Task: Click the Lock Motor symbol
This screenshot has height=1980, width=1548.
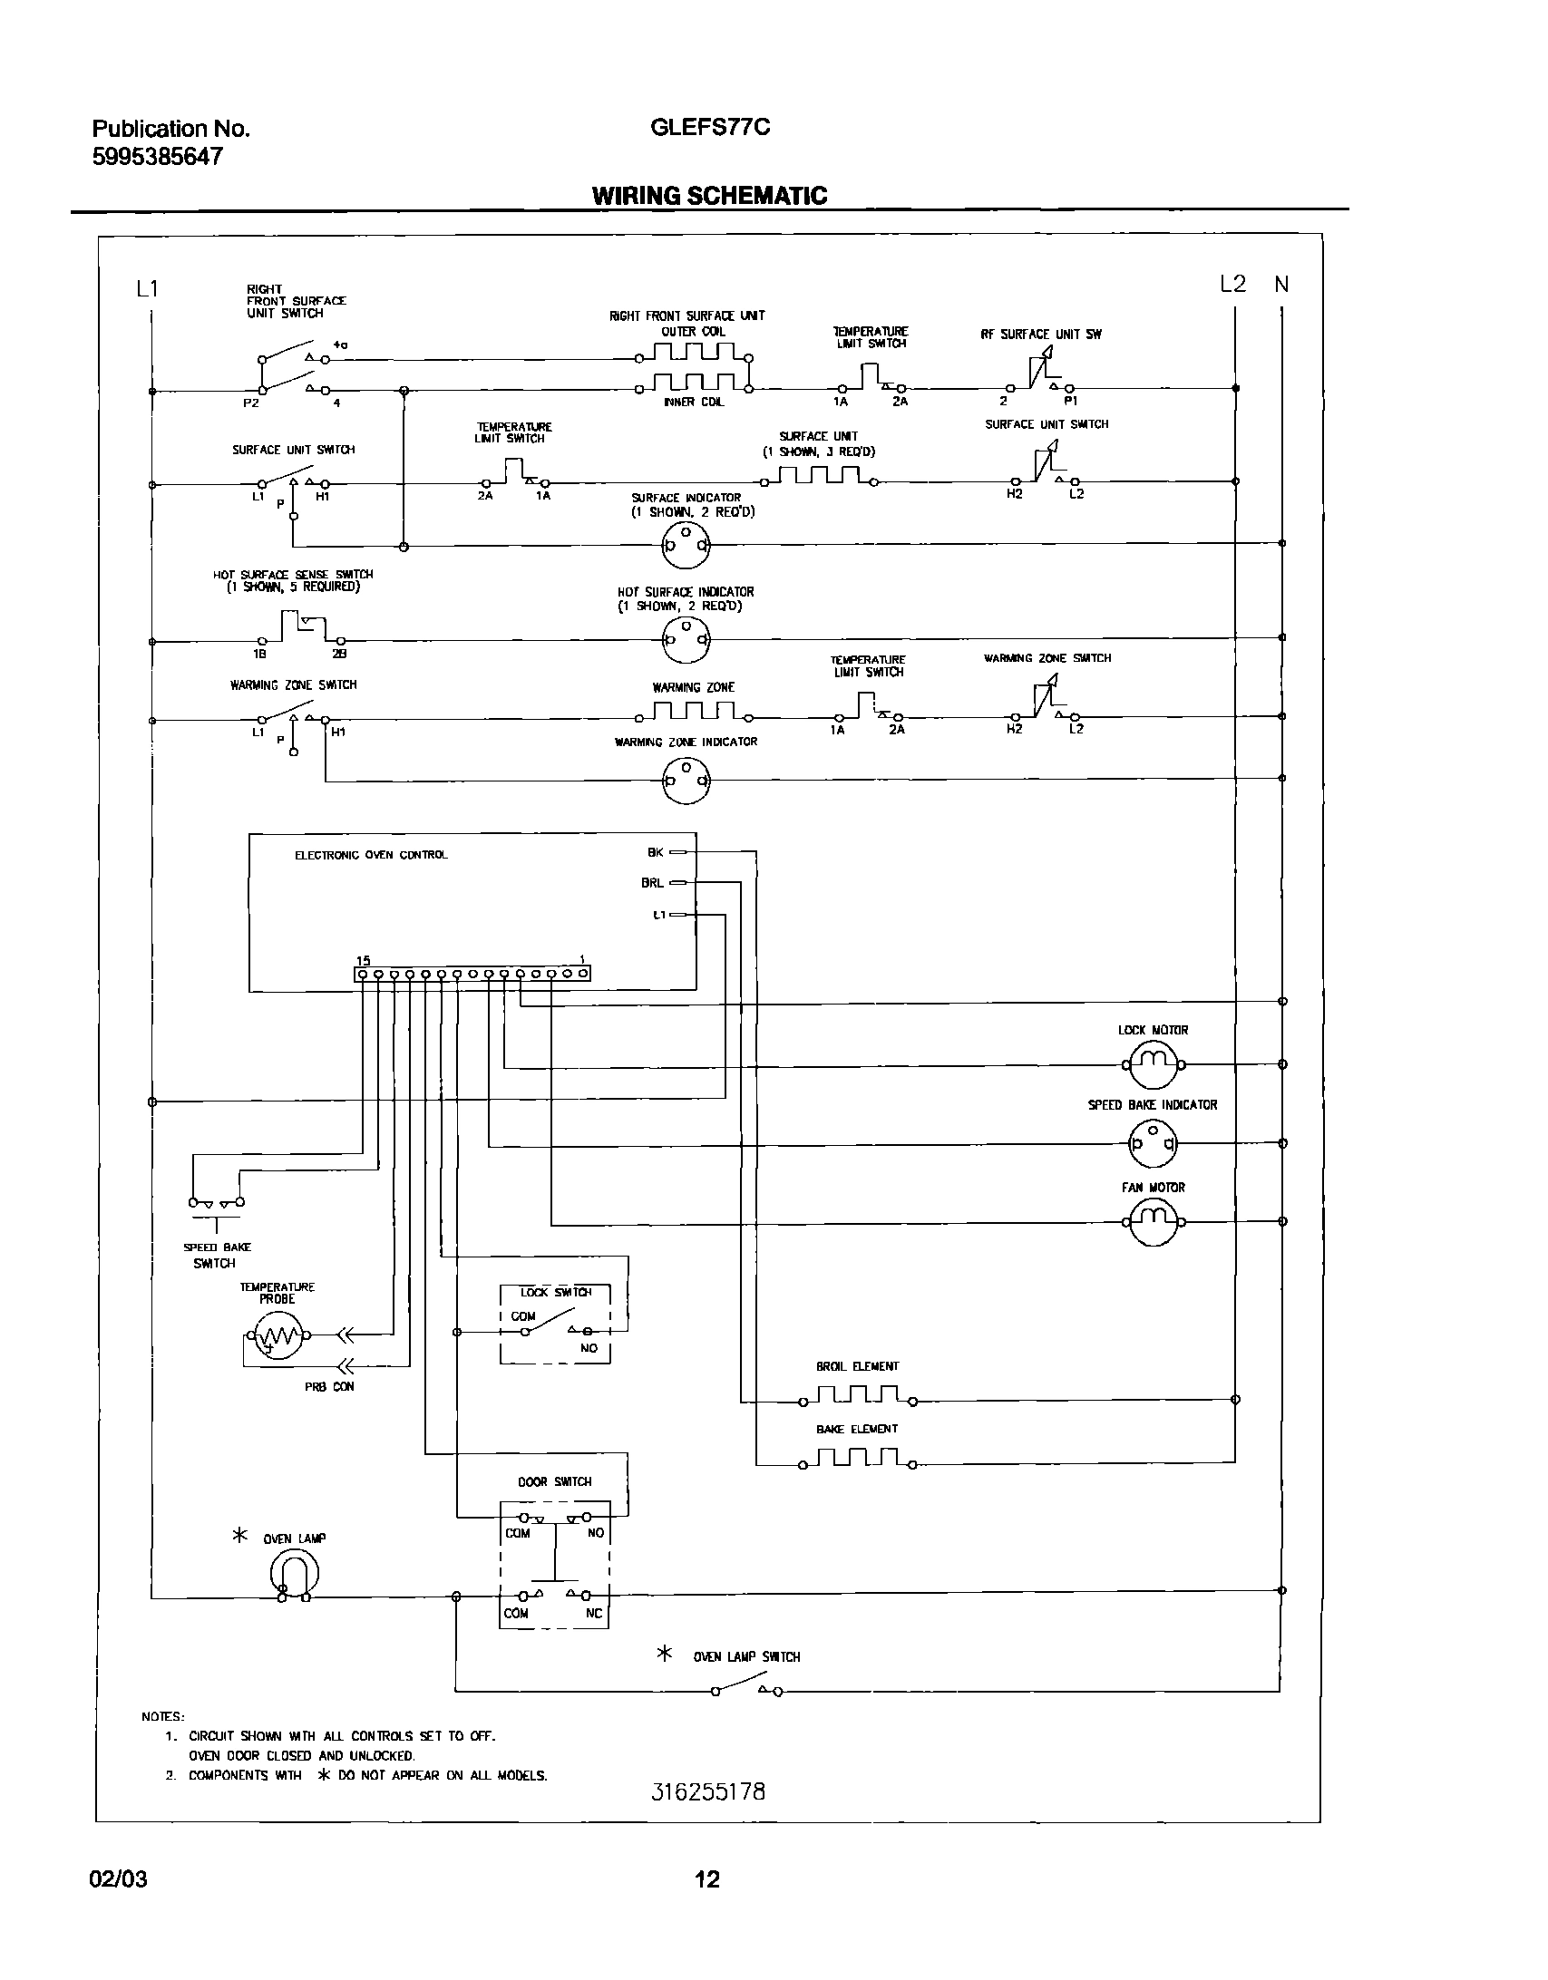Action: tap(1153, 1065)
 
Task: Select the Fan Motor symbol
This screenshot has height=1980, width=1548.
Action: tap(1153, 1222)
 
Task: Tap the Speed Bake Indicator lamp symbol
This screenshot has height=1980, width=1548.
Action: tap(1153, 1144)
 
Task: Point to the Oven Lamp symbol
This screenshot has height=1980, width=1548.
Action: tap(295, 1576)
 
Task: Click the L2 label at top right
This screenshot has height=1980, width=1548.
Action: tap(1232, 285)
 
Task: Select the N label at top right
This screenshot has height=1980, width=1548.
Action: tap(1280, 285)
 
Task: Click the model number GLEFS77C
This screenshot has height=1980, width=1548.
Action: tap(710, 128)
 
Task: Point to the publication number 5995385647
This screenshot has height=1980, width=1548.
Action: tap(158, 157)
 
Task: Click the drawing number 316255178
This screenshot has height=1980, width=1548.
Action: tap(708, 1792)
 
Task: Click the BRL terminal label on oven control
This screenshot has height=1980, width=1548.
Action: tap(652, 882)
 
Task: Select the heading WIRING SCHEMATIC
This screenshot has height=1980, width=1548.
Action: tap(709, 196)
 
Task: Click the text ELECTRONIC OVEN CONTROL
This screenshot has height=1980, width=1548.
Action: tap(371, 855)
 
